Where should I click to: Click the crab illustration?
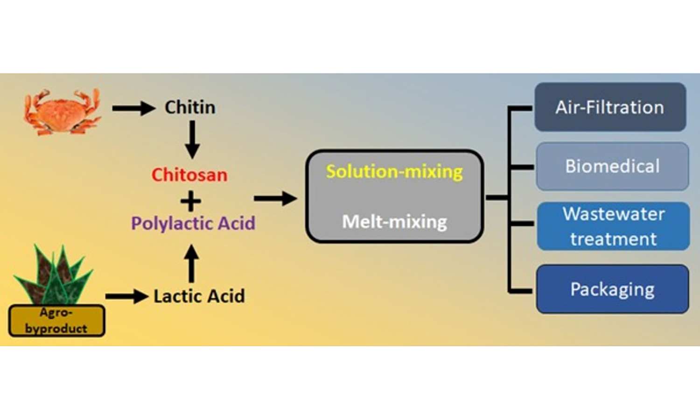[x=63, y=112]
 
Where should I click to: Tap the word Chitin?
[x=190, y=107]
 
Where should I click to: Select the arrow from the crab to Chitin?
[x=133, y=108]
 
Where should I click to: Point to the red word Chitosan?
[x=189, y=175]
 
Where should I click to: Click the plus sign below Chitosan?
[x=191, y=202]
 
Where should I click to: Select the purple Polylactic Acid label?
[x=193, y=223]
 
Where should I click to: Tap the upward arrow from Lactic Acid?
[x=191, y=263]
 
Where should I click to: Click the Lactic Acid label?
[x=199, y=296]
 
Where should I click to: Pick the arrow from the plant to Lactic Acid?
[x=126, y=296]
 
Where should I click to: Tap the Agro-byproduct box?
[x=56, y=321]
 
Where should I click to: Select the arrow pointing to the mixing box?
[x=275, y=198]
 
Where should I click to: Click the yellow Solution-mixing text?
[x=394, y=172]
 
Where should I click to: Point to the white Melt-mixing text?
[x=394, y=222]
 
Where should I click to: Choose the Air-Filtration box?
[x=610, y=107]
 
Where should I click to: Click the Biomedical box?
[x=612, y=166]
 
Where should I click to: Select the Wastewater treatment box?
[x=613, y=226]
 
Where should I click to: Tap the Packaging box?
[x=612, y=289]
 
